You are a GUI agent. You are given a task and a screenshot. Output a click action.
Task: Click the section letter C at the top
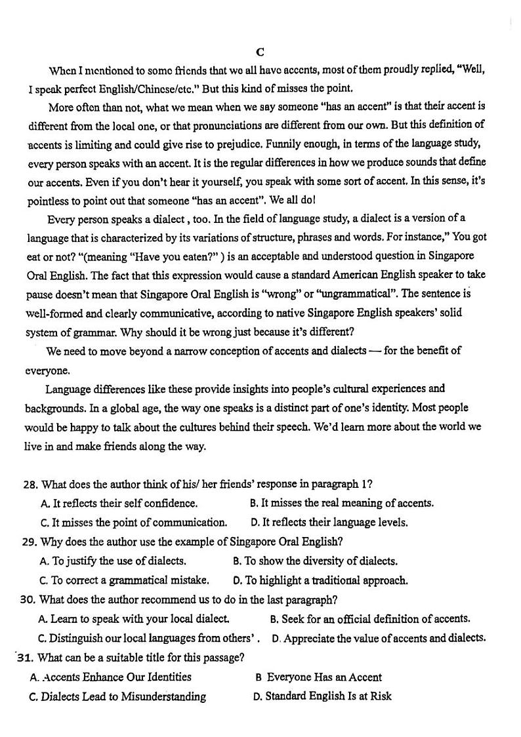(x=260, y=52)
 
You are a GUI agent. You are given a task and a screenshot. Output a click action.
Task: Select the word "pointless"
(x=50, y=199)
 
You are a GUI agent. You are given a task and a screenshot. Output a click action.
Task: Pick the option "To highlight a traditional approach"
(x=321, y=580)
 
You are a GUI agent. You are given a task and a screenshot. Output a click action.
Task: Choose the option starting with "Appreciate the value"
(x=379, y=637)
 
